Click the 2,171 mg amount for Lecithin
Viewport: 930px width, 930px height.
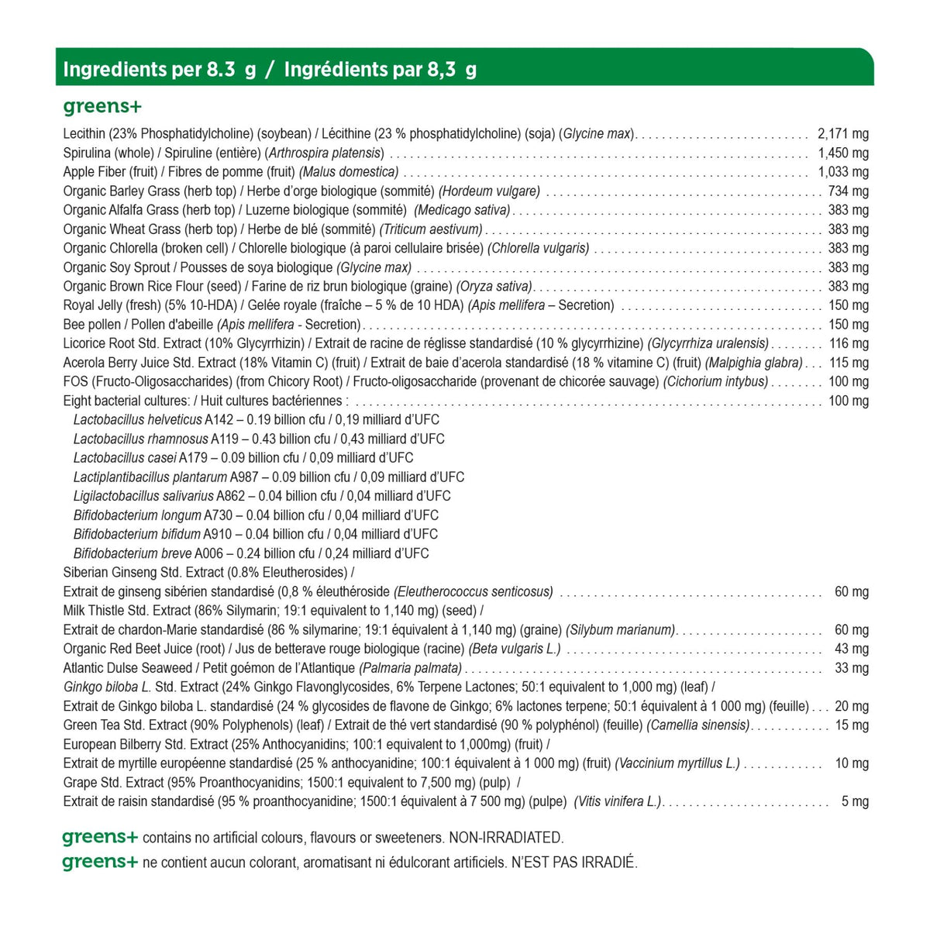click(843, 134)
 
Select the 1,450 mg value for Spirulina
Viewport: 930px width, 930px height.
click(843, 153)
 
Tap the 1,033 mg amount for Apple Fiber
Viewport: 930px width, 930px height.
click(843, 172)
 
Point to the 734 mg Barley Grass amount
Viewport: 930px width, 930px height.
click(849, 191)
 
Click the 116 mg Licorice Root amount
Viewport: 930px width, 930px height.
click(849, 343)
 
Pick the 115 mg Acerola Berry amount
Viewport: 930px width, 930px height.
click(849, 363)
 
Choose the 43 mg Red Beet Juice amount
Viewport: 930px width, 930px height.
click(852, 649)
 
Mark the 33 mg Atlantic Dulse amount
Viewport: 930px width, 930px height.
click(852, 668)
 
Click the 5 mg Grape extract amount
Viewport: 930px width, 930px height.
click(855, 801)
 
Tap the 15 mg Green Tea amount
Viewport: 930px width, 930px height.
click(852, 725)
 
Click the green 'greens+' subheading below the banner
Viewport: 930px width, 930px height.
click(102, 106)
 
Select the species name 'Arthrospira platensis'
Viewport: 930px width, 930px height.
click(325, 153)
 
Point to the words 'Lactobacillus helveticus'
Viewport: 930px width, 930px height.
click(137, 420)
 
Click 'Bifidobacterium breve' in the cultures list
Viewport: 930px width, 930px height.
click(133, 553)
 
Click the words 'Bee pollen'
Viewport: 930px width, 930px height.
click(92, 325)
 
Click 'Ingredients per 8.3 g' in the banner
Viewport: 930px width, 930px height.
click(160, 70)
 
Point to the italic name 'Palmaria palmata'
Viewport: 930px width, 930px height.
click(410, 668)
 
